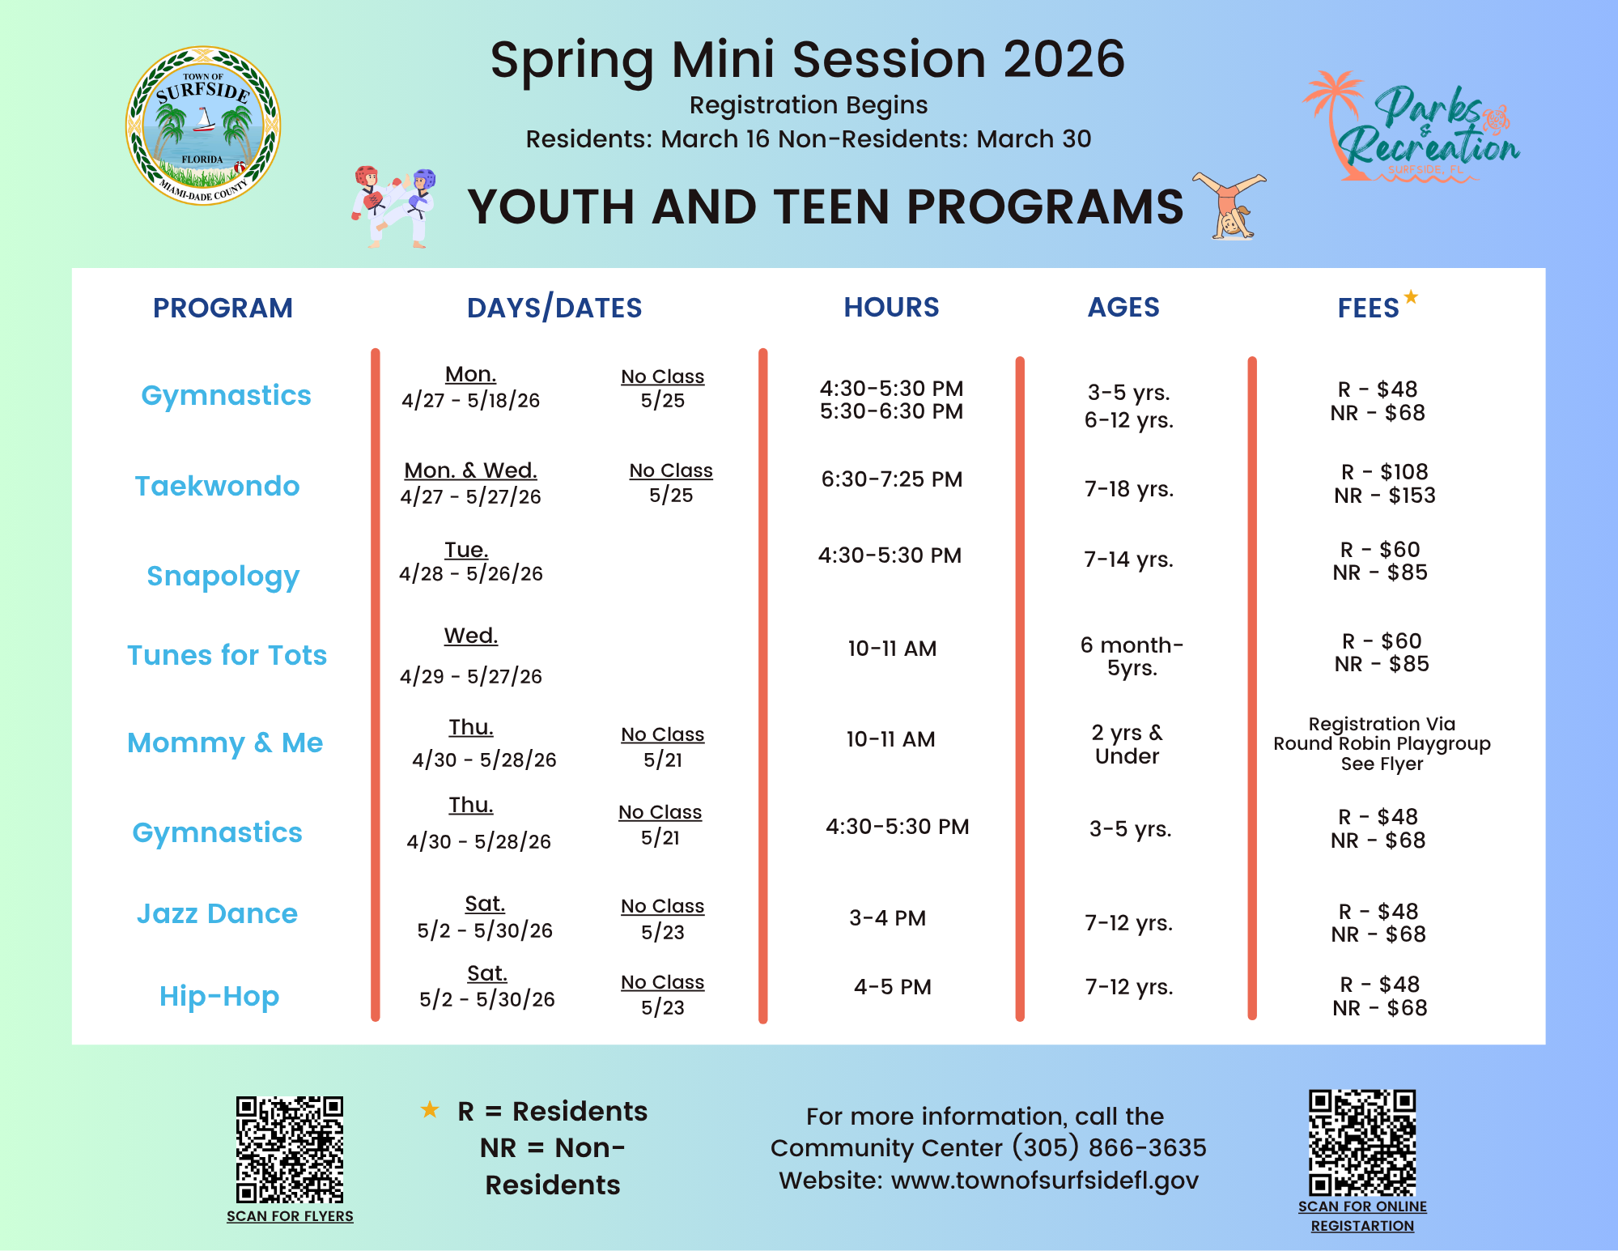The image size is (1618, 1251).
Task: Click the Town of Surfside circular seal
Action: pyautogui.click(x=203, y=126)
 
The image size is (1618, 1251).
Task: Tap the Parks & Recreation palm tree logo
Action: pyautogui.click(x=1411, y=126)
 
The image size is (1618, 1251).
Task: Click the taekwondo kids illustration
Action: pyautogui.click(x=394, y=206)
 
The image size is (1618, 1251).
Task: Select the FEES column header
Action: pyautogui.click(x=1369, y=308)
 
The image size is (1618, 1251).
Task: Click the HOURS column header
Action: pyautogui.click(x=891, y=307)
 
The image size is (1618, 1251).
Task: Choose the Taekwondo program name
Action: pyautogui.click(x=217, y=486)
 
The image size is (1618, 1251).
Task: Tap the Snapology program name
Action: pyautogui.click(x=223, y=576)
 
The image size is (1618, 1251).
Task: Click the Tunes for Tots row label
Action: pyautogui.click(x=227, y=654)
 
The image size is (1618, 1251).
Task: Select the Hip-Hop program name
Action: pyautogui.click(x=219, y=996)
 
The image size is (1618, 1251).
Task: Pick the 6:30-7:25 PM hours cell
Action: pyautogui.click(x=892, y=479)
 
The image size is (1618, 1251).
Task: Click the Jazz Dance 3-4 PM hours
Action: pyautogui.click(x=888, y=918)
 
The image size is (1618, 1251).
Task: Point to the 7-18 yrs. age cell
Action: pyautogui.click(x=1129, y=489)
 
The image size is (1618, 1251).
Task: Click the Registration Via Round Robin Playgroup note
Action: pyautogui.click(x=1382, y=743)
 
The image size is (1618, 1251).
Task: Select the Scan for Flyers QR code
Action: pyautogui.click(x=290, y=1150)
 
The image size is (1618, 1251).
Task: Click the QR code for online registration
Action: pyautogui.click(x=1363, y=1143)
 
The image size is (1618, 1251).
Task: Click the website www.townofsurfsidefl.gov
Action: pyautogui.click(x=1045, y=1181)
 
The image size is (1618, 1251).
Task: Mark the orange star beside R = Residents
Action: pyautogui.click(x=430, y=1110)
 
